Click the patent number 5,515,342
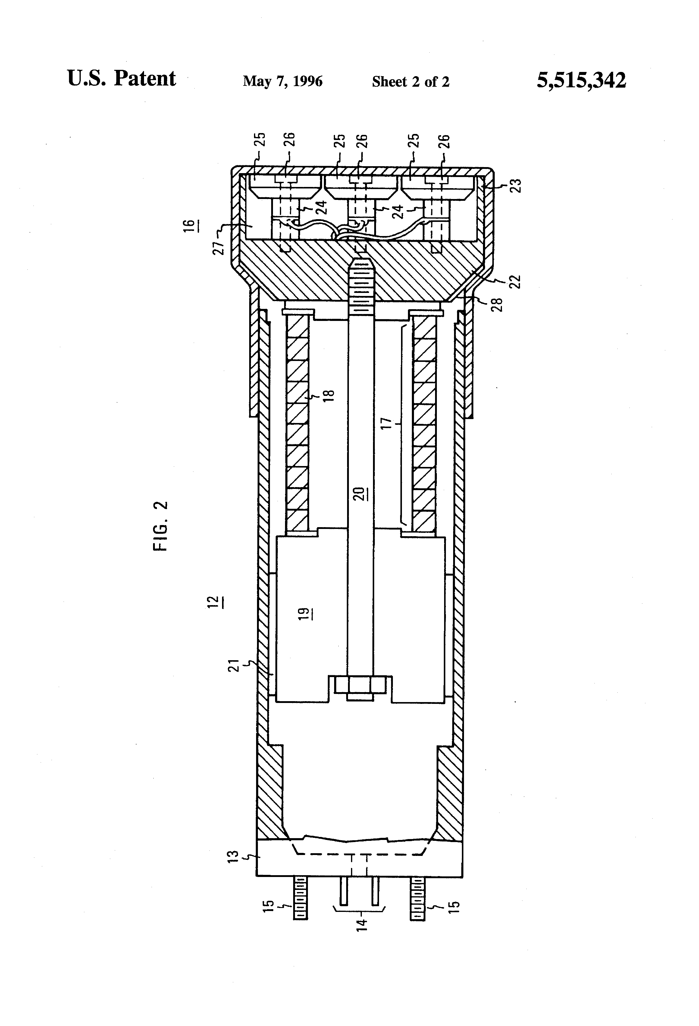click(581, 81)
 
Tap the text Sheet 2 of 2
click(410, 82)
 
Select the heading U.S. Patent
click(121, 79)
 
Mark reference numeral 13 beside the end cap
click(234, 857)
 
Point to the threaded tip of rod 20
click(361, 283)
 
